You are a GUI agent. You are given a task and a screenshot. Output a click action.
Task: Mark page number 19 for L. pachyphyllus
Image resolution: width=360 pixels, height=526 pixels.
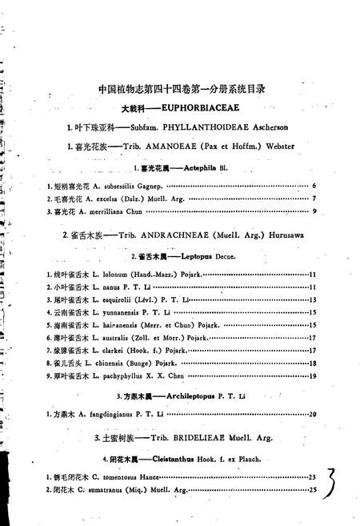314,375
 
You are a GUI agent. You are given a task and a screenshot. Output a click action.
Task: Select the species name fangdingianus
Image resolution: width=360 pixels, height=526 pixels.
107,414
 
